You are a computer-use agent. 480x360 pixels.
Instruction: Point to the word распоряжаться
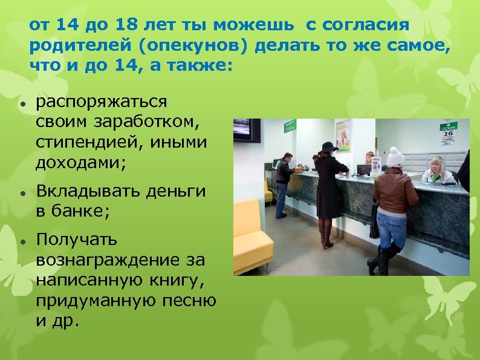point(102,103)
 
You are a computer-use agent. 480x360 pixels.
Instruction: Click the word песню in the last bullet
point(191,301)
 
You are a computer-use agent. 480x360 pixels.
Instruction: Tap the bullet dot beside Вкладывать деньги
point(22,192)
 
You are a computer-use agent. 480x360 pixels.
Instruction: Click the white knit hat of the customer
point(395,157)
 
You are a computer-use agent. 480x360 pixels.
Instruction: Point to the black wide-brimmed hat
point(330,146)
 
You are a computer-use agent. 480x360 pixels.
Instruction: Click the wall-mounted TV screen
point(247,130)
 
